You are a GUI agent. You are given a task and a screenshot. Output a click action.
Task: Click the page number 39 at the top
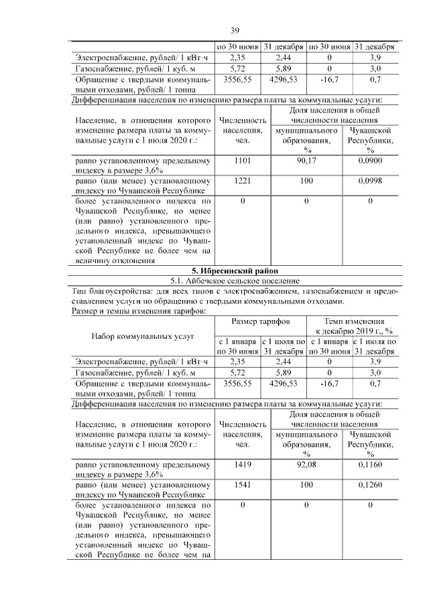(x=235, y=30)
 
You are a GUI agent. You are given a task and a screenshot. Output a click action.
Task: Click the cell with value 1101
(x=243, y=161)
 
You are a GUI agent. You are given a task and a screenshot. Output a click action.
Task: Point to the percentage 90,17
(x=306, y=161)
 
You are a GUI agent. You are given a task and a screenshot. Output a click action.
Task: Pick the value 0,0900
(x=369, y=161)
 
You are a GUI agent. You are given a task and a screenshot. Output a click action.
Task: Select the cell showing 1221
(x=243, y=181)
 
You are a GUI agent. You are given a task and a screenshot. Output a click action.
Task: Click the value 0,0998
(x=369, y=181)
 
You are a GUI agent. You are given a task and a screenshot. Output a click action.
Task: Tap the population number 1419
(x=243, y=463)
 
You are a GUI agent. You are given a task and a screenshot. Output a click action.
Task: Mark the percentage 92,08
(x=306, y=463)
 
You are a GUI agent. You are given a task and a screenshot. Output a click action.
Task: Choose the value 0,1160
(x=369, y=463)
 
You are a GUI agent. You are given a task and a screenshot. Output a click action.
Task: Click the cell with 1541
(x=243, y=483)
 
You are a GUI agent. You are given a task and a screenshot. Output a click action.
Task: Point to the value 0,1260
(x=369, y=483)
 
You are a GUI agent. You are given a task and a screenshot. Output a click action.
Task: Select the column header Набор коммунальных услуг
(x=143, y=336)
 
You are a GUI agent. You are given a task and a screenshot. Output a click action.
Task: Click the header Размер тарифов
(x=260, y=322)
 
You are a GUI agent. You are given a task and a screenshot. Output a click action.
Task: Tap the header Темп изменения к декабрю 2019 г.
(x=354, y=326)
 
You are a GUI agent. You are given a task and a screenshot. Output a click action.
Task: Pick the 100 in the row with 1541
(x=306, y=483)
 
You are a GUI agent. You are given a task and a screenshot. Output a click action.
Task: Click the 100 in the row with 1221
(x=306, y=181)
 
